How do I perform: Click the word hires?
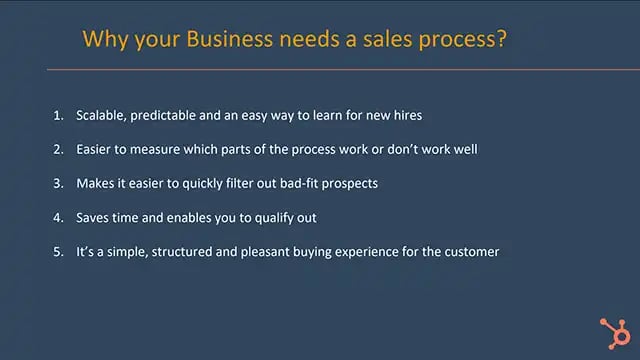tap(405, 115)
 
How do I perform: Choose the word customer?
tap(469, 251)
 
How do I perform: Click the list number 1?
tap(57, 115)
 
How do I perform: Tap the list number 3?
tap(57, 183)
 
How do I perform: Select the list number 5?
tap(57, 251)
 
